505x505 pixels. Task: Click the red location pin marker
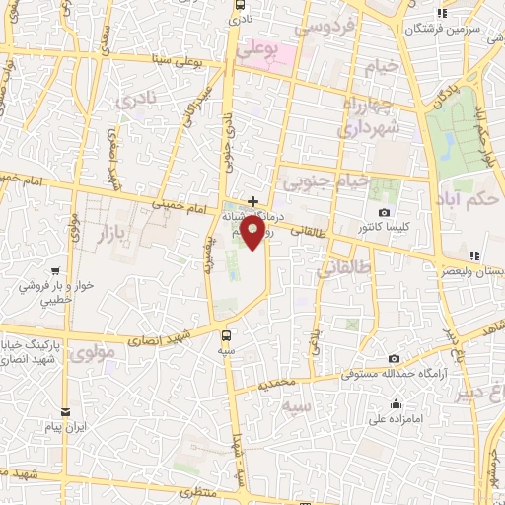(x=252, y=233)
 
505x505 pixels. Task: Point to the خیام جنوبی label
(x=325, y=181)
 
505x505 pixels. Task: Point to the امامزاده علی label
(x=396, y=419)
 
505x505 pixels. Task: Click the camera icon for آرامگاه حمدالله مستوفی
(x=394, y=358)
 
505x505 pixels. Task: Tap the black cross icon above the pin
(x=252, y=200)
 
